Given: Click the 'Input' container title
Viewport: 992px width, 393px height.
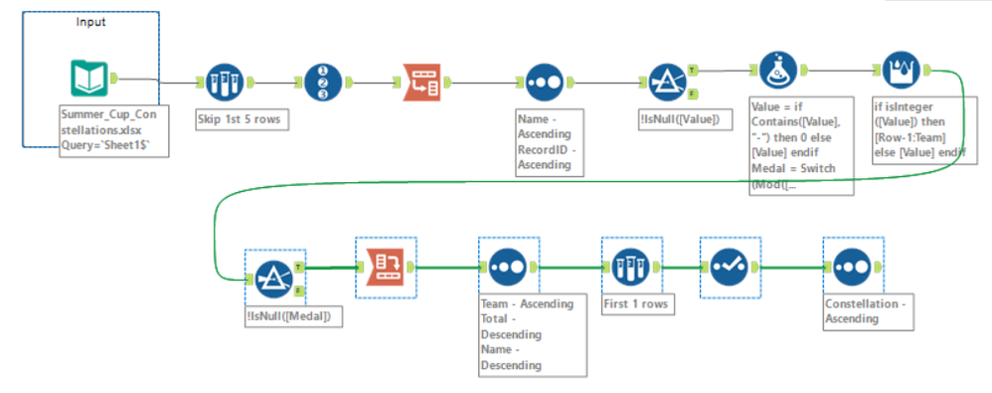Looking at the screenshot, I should (x=91, y=22).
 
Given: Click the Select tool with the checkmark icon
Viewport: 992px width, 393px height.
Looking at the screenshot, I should (x=730, y=268).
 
